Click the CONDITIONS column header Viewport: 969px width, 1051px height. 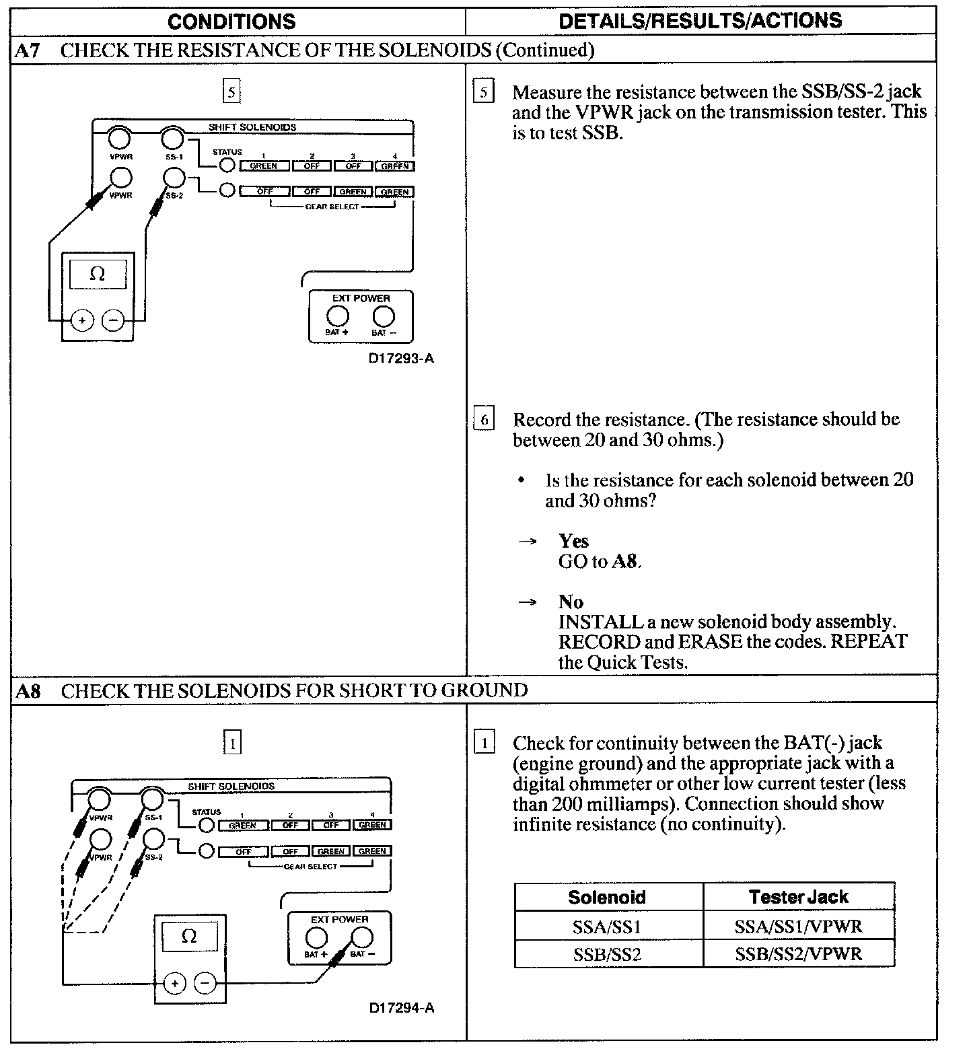pos(231,22)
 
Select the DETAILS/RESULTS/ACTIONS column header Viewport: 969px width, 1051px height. pos(700,21)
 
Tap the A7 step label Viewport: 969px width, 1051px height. pos(28,50)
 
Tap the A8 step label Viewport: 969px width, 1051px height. pos(28,691)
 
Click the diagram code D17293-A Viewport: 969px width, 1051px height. pos(400,359)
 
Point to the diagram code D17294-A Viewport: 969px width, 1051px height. pos(401,1007)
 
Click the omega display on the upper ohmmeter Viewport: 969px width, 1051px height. pos(98,275)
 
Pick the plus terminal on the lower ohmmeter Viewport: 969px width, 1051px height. pos(174,984)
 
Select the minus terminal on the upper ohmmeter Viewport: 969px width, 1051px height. pos(113,321)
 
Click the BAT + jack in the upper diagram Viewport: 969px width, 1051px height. pos(337,316)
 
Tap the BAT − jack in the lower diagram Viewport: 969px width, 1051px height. pos(362,937)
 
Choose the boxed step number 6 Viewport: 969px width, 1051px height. pos(484,421)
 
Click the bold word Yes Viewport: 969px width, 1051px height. pos(573,541)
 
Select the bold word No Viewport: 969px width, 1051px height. pos(571,602)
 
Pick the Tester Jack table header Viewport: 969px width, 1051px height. pos(798,897)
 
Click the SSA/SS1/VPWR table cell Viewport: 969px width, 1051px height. pos(798,927)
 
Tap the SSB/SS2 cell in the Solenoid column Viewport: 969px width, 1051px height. pos(607,954)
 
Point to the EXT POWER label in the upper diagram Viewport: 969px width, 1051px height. pos(361,298)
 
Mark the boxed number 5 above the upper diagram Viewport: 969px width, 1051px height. pos(231,92)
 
